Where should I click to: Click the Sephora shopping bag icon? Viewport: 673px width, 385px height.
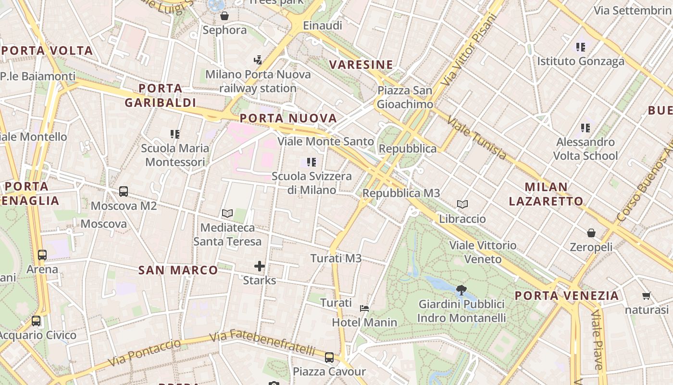[x=224, y=16]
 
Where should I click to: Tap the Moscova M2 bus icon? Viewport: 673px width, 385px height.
[x=124, y=192]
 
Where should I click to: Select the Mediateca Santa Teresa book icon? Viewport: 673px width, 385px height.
[x=227, y=213]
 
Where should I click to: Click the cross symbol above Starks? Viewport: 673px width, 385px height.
[x=260, y=266]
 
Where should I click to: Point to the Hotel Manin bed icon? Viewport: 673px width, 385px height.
[x=364, y=308]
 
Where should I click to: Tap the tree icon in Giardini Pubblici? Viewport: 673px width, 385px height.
[x=461, y=290]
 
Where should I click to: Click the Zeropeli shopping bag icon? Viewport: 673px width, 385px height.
[x=591, y=233]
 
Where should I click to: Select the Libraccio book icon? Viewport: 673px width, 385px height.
[x=462, y=205]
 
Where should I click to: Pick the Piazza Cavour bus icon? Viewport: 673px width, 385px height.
[x=329, y=358]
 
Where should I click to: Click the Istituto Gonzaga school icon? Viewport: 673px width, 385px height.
[x=581, y=47]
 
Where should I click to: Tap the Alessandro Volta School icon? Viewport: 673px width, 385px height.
[x=586, y=128]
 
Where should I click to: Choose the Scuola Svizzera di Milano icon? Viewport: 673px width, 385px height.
[x=312, y=162]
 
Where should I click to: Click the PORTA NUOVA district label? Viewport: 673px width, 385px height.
[x=288, y=118]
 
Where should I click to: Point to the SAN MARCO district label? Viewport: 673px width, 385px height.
[x=178, y=270]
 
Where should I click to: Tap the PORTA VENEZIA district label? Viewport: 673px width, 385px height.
[x=567, y=295]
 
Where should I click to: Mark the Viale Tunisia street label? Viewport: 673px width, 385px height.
[x=476, y=138]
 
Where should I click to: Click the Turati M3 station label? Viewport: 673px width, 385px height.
[x=336, y=258]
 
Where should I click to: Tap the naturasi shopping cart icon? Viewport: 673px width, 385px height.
[x=646, y=295]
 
